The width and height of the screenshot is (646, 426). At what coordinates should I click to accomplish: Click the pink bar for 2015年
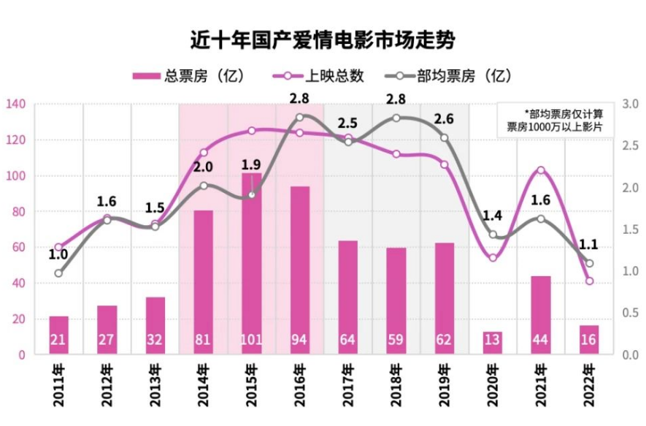click(x=251, y=263)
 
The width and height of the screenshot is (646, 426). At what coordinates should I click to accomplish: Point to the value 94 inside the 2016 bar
click(x=299, y=341)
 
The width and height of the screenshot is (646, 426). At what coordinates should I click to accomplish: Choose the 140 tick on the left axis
click(x=15, y=104)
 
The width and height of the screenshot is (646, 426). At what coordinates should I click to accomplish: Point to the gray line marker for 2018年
click(x=396, y=118)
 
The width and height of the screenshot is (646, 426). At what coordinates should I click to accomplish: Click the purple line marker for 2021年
click(x=541, y=170)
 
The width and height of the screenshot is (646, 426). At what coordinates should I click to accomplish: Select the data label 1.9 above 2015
click(x=251, y=164)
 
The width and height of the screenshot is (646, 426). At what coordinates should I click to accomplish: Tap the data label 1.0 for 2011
click(x=58, y=255)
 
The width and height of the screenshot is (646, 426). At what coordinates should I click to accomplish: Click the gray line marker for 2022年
click(x=589, y=263)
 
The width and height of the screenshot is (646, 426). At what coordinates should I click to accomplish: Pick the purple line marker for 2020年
click(x=493, y=257)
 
